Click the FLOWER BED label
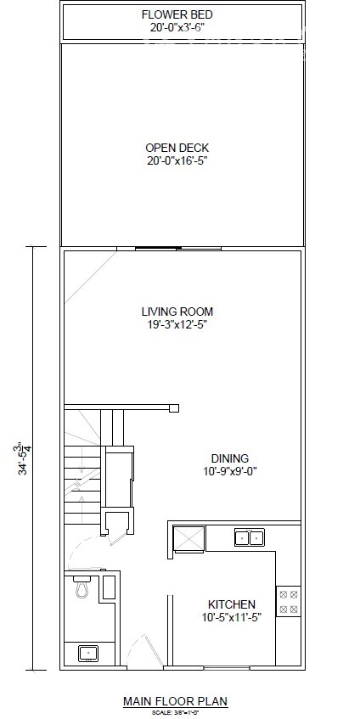click(177, 15)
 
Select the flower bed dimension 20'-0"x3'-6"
click(177, 27)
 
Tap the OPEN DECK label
click(177, 148)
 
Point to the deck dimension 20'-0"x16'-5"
click(177, 160)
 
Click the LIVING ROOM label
click(177, 312)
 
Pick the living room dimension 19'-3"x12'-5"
click(177, 323)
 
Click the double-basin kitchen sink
click(249, 537)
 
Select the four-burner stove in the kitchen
click(288, 601)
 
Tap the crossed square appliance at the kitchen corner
click(188, 539)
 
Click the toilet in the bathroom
click(83, 586)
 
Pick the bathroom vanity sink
click(87, 653)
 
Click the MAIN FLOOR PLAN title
click(176, 701)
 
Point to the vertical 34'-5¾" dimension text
click(24, 458)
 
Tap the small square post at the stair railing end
click(174, 408)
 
